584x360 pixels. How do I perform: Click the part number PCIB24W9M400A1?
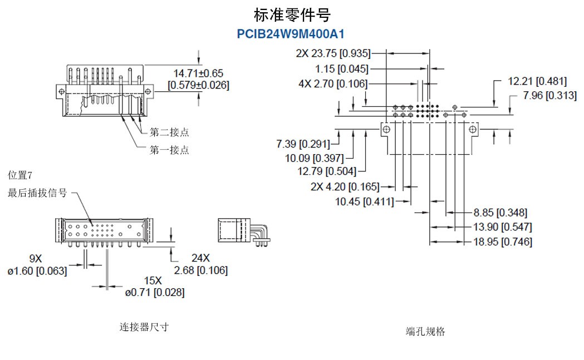(x=291, y=34)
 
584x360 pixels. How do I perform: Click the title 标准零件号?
(x=292, y=15)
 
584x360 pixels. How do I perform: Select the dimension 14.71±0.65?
(x=198, y=73)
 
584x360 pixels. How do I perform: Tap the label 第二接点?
(x=169, y=132)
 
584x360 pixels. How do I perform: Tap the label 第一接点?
(x=169, y=150)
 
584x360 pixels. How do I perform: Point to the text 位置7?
(x=19, y=175)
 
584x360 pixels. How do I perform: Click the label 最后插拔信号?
(x=37, y=193)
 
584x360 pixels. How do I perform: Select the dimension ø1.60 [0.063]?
(x=37, y=270)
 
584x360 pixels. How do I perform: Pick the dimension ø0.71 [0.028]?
(x=155, y=292)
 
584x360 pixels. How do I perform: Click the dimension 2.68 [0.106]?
(x=201, y=270)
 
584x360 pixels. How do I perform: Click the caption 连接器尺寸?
(x=144, y=327)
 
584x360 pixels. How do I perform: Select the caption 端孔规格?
(x=425, y=331)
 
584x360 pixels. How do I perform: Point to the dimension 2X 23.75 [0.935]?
(x=333, y=53)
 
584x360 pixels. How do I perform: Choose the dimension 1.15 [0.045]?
(x=341, y=69)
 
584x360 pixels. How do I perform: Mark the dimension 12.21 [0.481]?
(x=537, y=81)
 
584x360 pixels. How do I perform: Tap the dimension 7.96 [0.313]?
(x=549, y=96)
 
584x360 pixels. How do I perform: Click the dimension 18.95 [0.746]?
(x=502, y=242)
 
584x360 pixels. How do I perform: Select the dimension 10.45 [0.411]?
(x=364, y=202)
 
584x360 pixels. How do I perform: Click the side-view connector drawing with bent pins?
(x=244, y=233)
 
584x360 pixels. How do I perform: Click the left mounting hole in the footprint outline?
(x=386, y=130)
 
